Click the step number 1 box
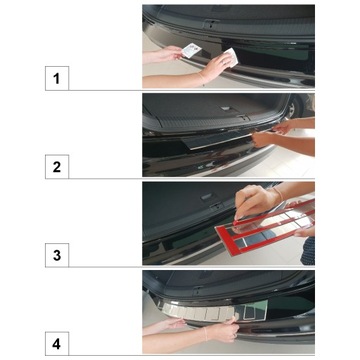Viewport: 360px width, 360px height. click(x=56, y=77)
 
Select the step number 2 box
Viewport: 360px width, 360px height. click(x=56, y=166)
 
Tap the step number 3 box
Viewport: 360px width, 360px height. click(x=56, y=255)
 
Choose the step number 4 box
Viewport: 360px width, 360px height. click(x=56, y=344)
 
